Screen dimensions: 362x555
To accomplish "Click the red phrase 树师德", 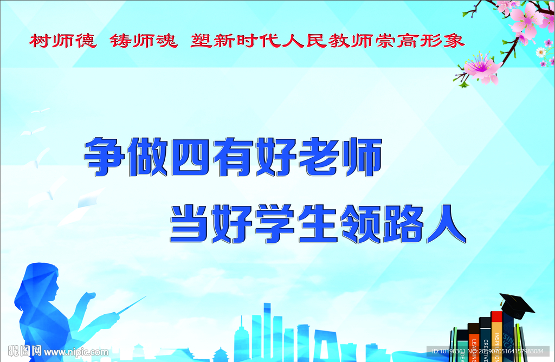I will [63, 41].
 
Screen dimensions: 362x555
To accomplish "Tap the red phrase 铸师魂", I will [144, 41].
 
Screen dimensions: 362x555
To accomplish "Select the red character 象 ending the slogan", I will [454, 41].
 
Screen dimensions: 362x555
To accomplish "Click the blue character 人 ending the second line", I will [447, 223].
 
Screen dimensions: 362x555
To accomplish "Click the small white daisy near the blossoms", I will [540, 52].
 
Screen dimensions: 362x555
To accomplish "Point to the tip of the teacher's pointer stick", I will [145, 297].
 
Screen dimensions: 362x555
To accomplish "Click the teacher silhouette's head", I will [41, 281].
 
